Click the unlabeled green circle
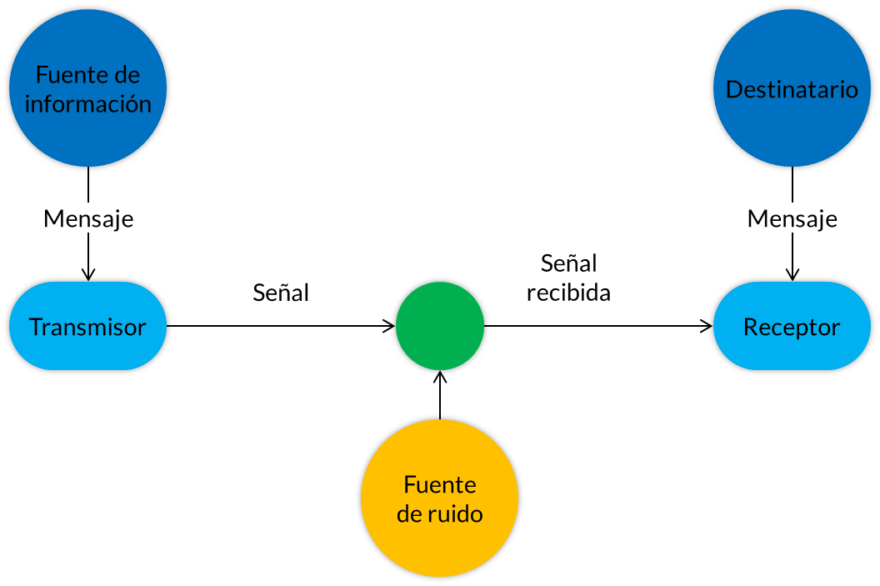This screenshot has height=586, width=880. coord(440,326)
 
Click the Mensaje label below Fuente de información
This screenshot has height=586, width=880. coord(87,218)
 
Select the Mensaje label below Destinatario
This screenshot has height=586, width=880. coord(792,218)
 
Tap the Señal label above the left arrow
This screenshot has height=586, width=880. coord(281,292)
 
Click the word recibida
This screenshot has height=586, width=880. coord(568,293)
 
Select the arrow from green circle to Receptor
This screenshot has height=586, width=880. coord(600,326)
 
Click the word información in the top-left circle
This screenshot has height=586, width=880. coord(87,103)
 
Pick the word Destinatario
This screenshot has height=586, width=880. coord(792,89)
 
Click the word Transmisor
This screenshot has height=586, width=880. coord(87,327)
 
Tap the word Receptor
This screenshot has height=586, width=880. coord(792,327)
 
